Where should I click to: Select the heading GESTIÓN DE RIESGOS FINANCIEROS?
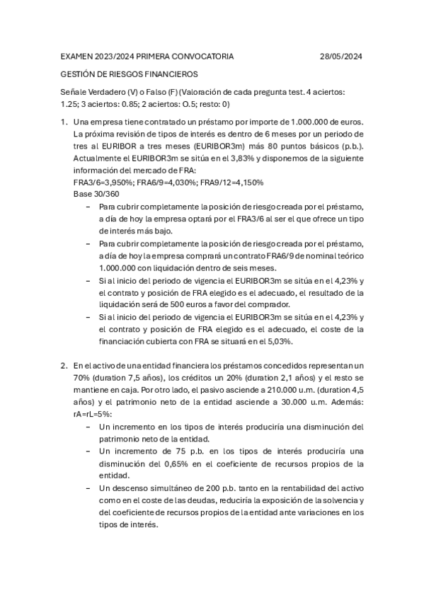point(130,74)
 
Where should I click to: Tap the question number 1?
point(64,122)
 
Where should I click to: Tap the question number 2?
point(64,366)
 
